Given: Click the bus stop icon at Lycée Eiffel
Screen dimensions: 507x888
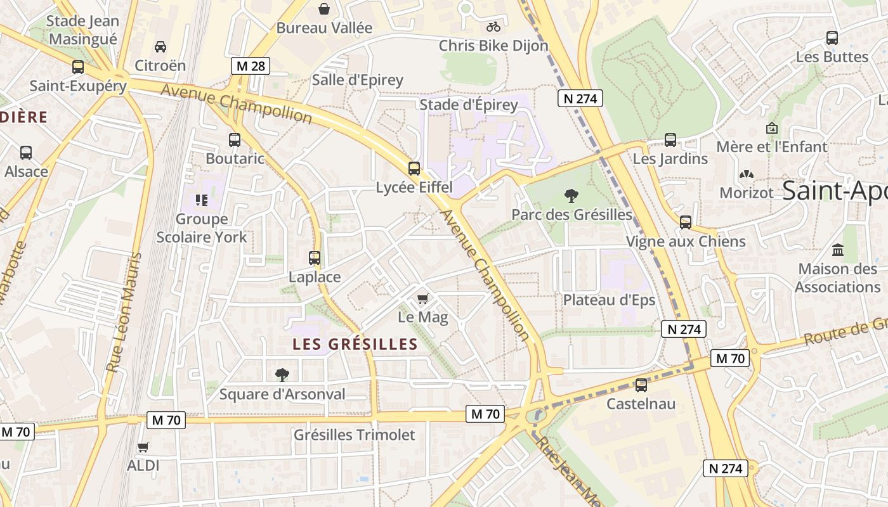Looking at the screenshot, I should [414, 169].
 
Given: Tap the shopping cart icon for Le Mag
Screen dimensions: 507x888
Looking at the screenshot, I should [422, 298].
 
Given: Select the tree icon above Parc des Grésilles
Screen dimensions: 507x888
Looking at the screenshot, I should [571, 196].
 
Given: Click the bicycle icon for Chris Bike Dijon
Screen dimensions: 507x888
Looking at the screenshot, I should [493, 27].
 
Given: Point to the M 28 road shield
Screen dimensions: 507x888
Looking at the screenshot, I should [250, 66].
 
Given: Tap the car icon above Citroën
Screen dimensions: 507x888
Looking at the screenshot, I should [160, 47].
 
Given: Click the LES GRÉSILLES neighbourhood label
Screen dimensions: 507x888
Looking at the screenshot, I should [355, 345].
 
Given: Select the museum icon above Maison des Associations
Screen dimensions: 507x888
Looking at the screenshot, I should [838, 250].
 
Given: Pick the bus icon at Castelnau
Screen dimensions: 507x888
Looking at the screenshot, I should [641, 385].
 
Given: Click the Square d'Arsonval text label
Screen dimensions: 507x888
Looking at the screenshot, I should [282, 394].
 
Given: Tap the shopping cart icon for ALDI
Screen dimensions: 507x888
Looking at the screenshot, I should [143, 447].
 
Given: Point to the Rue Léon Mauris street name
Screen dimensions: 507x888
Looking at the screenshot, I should [124, 312].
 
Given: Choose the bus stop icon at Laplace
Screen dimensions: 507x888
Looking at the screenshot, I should [315, 258].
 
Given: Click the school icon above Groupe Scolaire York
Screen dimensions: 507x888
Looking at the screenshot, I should [202, 201].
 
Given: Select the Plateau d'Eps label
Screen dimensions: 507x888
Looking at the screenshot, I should [609, 300].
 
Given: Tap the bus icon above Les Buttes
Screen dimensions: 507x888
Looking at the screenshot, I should [832, 38].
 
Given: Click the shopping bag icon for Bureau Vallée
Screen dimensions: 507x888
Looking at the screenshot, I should [324, 9].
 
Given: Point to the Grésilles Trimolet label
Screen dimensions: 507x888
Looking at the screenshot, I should [354, 435].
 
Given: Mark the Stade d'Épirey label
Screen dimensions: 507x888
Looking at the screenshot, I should [469, 105].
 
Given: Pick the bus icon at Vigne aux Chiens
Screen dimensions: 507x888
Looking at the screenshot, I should [686, 222].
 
